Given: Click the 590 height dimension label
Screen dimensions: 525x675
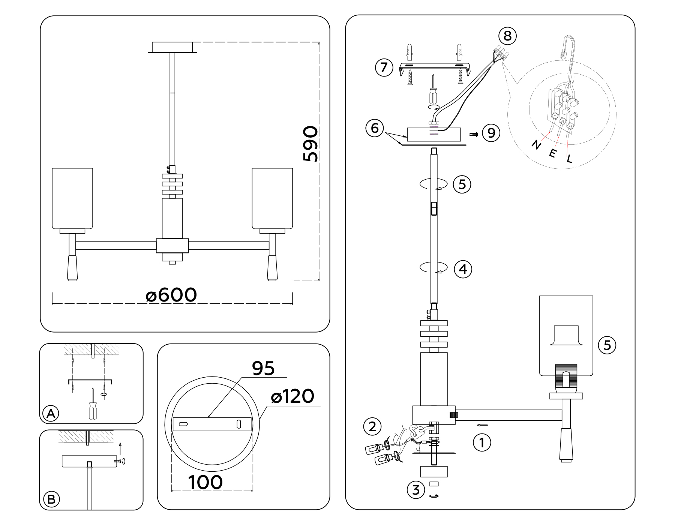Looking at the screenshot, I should click(310, 144).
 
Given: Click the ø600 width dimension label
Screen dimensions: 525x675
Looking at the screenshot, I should click(171, 295).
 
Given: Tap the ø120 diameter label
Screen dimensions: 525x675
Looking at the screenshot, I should click(292, 396).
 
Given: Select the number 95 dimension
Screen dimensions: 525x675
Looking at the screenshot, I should click(263, 368).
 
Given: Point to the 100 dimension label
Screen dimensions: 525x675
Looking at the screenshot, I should click(205, 482).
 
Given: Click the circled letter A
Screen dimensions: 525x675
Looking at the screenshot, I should click(51, 414).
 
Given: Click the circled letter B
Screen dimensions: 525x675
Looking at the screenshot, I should click(51, 499).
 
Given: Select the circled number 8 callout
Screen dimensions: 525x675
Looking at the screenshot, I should click(507, 36).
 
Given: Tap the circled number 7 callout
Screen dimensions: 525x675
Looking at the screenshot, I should click(384, 67).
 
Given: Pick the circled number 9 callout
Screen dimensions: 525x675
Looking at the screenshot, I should click(491, 133).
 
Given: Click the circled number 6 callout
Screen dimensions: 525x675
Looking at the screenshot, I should click(375, 128).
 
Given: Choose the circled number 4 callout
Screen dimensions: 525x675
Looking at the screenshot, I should click(463, 269).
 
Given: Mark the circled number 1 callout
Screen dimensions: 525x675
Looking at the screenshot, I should click(482, 443).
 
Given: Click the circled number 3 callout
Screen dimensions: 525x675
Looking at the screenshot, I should click(416, 490).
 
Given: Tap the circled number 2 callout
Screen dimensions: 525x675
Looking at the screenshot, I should click(372, 427).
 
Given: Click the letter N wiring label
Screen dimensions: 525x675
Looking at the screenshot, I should click(537, 144).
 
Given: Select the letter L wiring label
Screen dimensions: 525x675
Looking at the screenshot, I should click(570, 159).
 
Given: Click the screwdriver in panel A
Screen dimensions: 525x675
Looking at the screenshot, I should click(93, 407).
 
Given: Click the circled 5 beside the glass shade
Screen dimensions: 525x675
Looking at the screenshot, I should click(607, 345).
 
